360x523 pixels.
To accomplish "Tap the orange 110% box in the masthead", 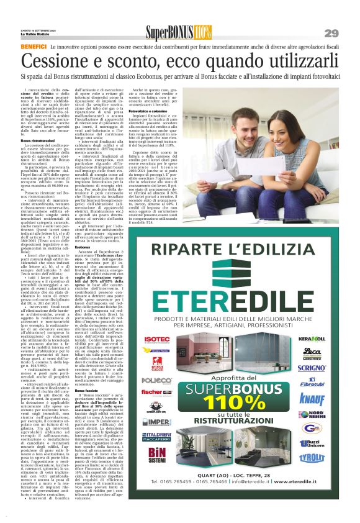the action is click(202, 32).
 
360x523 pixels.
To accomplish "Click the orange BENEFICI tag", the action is click(34, 47).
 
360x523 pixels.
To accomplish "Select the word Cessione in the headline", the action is click(62, 61).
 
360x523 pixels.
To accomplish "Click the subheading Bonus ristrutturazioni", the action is click(42, 142).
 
